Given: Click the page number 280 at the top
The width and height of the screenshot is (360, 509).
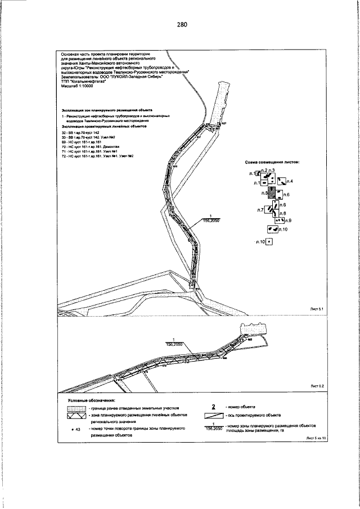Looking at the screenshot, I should point(181,25).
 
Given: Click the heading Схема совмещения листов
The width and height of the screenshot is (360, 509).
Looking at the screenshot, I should point(272,161).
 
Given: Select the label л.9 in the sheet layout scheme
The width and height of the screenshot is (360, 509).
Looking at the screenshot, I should point(287,220).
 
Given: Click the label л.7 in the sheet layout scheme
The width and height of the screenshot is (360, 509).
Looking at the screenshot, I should point(260,210).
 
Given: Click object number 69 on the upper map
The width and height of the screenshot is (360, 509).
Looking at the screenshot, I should point(190,240).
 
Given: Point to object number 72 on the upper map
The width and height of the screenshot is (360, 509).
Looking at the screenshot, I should point(192,286).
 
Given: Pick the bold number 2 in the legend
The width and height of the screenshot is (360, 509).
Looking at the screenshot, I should point(214,407).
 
